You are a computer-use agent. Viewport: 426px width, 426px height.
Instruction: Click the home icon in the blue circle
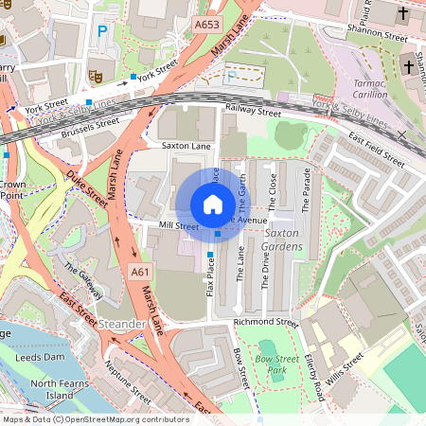pyautogui.click(x=213, y=204)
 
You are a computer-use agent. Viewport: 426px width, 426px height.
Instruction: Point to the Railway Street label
pyautogui.click(x=254, y=112)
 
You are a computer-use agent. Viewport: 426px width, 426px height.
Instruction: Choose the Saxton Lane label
pyautogui.click(x=186, y=146)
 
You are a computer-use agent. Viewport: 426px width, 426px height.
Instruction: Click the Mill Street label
pyautogui.click(x=179, y=226)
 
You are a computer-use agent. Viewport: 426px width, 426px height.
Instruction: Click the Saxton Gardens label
pyautogui.click(x=283, y=240)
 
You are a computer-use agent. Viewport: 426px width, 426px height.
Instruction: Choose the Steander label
pyautogui.click(x=121, y=325)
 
